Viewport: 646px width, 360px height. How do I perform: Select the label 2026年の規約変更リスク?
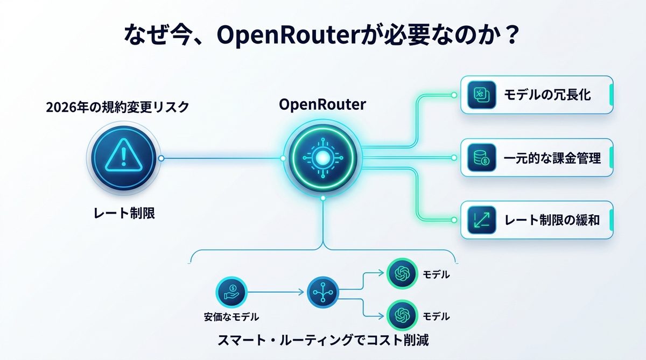(x=117, y=107)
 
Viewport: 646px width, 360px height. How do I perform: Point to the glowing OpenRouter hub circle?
(x=322, y=158)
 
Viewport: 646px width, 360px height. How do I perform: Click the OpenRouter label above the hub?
(x=322, y=104)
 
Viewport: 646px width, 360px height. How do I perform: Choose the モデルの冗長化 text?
(x=547, y=95)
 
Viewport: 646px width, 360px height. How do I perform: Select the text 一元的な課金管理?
(x=552, y=158)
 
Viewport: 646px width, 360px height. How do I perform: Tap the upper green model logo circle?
(x=402, y=274)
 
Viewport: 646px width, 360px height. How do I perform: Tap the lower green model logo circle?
(x=402, y=315)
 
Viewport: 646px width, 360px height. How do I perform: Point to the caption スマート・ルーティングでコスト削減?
(x=323, y=341)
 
